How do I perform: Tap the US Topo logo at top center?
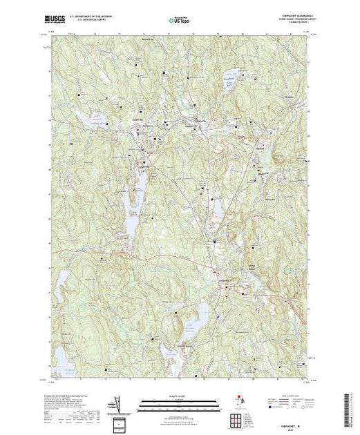pyautogui.click(x=179, y=21)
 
